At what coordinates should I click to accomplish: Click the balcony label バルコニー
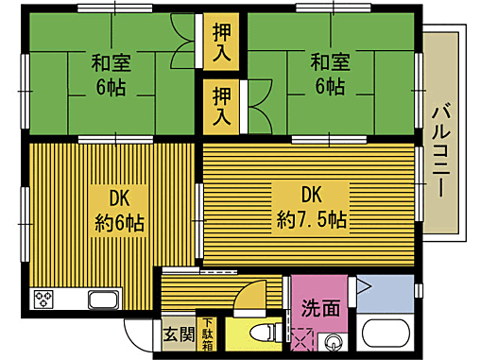[439, 151]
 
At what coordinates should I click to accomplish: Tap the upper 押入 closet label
[221, 43]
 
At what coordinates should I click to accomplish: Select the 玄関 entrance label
[178, 334]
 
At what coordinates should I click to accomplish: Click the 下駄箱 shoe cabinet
[207, 333]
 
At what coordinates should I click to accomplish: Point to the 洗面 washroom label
[321, 307]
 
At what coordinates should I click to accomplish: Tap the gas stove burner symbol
[44, 300]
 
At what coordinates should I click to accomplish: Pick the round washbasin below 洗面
[333, 341]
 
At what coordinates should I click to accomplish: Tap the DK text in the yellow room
[118, 199]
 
